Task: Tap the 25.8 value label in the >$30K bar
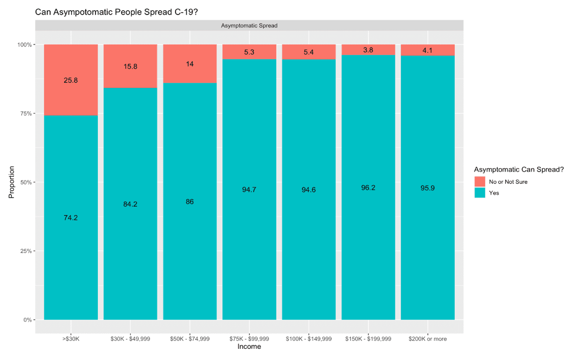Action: coord(71,80)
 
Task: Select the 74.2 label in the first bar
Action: coord(71,217)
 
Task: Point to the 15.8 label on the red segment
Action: coord(130,66)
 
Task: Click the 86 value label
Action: coord(190,202)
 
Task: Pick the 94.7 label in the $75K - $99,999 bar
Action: coord(249,190)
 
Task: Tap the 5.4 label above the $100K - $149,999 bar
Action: coord(308,52)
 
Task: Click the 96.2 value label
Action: coord(368,187)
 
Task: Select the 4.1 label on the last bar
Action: coord(428,50)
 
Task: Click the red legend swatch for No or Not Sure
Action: coord(480,181)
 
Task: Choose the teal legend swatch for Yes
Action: coord(480,193)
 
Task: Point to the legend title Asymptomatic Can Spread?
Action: coord(518,169)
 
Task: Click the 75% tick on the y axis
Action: coord(24,114)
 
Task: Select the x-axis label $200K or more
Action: coord(428,339)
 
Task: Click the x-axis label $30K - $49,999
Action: coord(130,339)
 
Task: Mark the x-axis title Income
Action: coord(249,347)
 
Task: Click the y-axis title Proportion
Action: coord(12,182)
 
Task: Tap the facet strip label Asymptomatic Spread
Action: coord(249,26)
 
